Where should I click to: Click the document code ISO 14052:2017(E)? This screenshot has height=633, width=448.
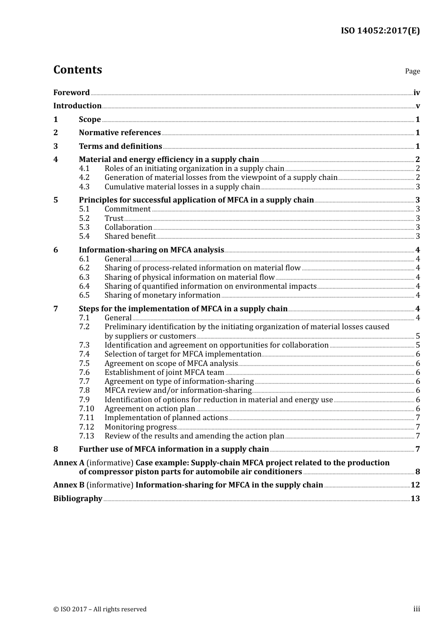click(x=380, y=31)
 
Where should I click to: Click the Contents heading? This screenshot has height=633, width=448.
click(x=77, y=70)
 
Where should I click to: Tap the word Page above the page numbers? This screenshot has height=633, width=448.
click(x=412, y=71)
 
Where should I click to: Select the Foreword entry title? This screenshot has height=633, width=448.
click(x=71, y=93)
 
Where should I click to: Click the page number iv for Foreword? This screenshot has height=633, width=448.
click(x=416, y=93)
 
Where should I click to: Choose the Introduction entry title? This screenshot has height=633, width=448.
click(x=77, y=106)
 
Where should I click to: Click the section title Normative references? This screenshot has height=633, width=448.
click(x=120, y=133)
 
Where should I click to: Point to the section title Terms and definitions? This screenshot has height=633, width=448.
click(x=120, y=146)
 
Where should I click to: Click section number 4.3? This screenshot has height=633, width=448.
click(x=84, y=187)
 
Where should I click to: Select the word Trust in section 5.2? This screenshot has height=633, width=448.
click(x=114, y=219)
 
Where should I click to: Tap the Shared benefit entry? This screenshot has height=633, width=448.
click(x=130, y=236)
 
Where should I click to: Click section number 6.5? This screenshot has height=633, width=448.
click(x=84, y=295)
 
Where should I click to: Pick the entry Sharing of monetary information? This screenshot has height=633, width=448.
click(x=162, y=295)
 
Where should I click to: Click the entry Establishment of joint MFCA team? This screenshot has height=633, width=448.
click(x=164, y=373)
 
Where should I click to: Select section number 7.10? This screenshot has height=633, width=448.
click(x=86, y=409)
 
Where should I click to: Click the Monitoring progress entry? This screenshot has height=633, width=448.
click(x=141, y=427)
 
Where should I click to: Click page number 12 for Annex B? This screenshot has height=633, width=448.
click(x=415, y=485)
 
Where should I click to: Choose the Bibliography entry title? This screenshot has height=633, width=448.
click(x=78, y=499)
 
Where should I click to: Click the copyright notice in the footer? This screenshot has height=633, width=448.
click(x=100, y=609)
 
